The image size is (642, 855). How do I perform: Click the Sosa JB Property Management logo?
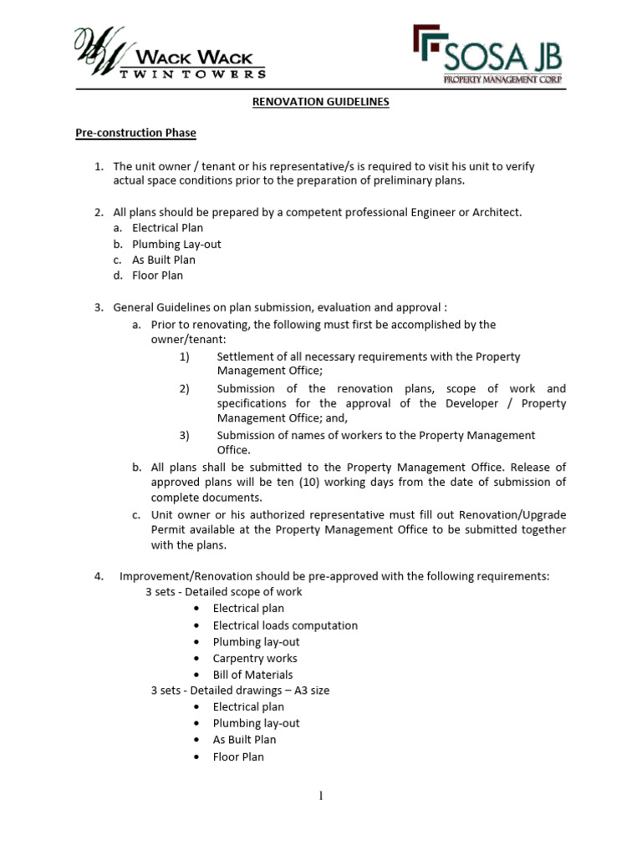(x=487, y=54)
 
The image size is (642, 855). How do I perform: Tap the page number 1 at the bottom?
(x=320, y=796)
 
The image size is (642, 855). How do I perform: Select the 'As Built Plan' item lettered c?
(x=164, y=260)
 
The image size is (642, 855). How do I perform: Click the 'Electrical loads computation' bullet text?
(x=285, y=625)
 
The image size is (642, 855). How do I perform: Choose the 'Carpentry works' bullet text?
(x=255, y=658)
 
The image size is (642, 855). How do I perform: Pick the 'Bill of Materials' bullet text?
(x=252, y=675)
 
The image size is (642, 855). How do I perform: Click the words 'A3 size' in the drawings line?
(x=316, y=691)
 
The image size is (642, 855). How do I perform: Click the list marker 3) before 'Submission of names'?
(x=185, y=435)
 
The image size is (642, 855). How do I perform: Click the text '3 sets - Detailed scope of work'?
(x=224, y=592)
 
